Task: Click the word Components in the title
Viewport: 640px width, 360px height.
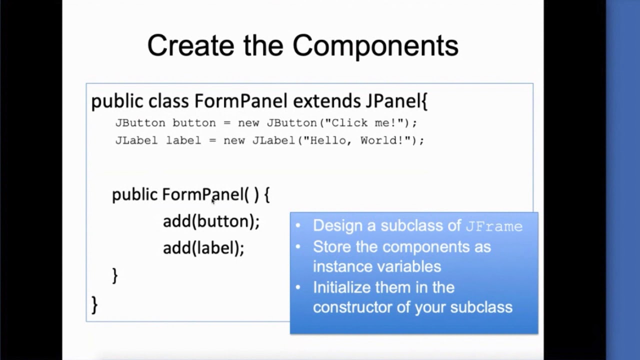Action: (x=375, y=46)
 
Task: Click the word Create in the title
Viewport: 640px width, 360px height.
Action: (x=190, y=45)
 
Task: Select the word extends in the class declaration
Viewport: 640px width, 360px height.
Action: (x=326, y=101)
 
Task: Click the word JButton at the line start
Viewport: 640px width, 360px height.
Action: (x=140, y=123)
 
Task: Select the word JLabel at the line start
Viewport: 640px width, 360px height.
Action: (x=137, y=140)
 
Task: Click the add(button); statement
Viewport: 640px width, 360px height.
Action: (x=211, y=221)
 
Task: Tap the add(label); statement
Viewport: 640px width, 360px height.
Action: (x=203, y=248)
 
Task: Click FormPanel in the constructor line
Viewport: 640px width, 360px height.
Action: (x=202, y=194)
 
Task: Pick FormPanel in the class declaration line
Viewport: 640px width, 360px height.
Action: (x=240, y=101)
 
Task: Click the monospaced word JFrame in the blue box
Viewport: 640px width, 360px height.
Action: (x=494, y=226)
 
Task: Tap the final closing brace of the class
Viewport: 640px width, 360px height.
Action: (x=94, y=304)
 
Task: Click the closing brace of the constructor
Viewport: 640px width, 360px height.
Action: (x=115, y=275)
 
